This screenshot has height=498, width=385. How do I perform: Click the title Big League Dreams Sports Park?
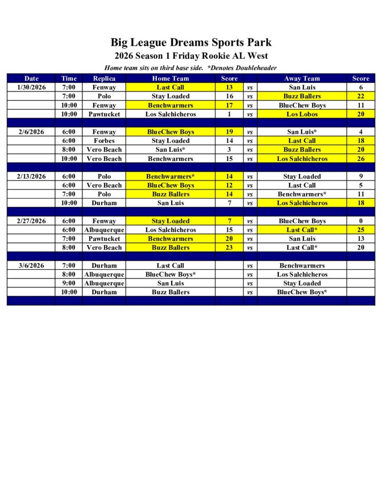191,43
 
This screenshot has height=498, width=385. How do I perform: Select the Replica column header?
104,78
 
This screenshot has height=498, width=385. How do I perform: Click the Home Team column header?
170,78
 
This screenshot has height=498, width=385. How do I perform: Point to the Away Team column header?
302,78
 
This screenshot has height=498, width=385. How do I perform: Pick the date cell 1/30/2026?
31,88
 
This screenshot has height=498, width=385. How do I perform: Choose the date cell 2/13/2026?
31,177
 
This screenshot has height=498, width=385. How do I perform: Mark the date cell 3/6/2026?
31,266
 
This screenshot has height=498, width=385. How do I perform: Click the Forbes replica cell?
104,141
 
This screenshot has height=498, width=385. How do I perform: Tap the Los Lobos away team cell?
302,114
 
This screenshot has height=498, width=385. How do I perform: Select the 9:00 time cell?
69,283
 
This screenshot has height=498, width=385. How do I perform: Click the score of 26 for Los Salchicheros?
361,159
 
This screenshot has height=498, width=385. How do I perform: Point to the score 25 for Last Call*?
361,230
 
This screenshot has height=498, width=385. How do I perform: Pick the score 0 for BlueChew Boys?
361,221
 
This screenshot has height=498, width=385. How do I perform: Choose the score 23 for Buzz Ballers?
229,248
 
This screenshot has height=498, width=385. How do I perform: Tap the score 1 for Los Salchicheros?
229,114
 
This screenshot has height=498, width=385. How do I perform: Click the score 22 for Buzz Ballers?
361,96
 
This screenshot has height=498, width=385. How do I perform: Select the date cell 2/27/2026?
31,221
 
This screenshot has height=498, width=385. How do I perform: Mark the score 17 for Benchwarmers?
229,105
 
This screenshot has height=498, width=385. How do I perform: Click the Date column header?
31,78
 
